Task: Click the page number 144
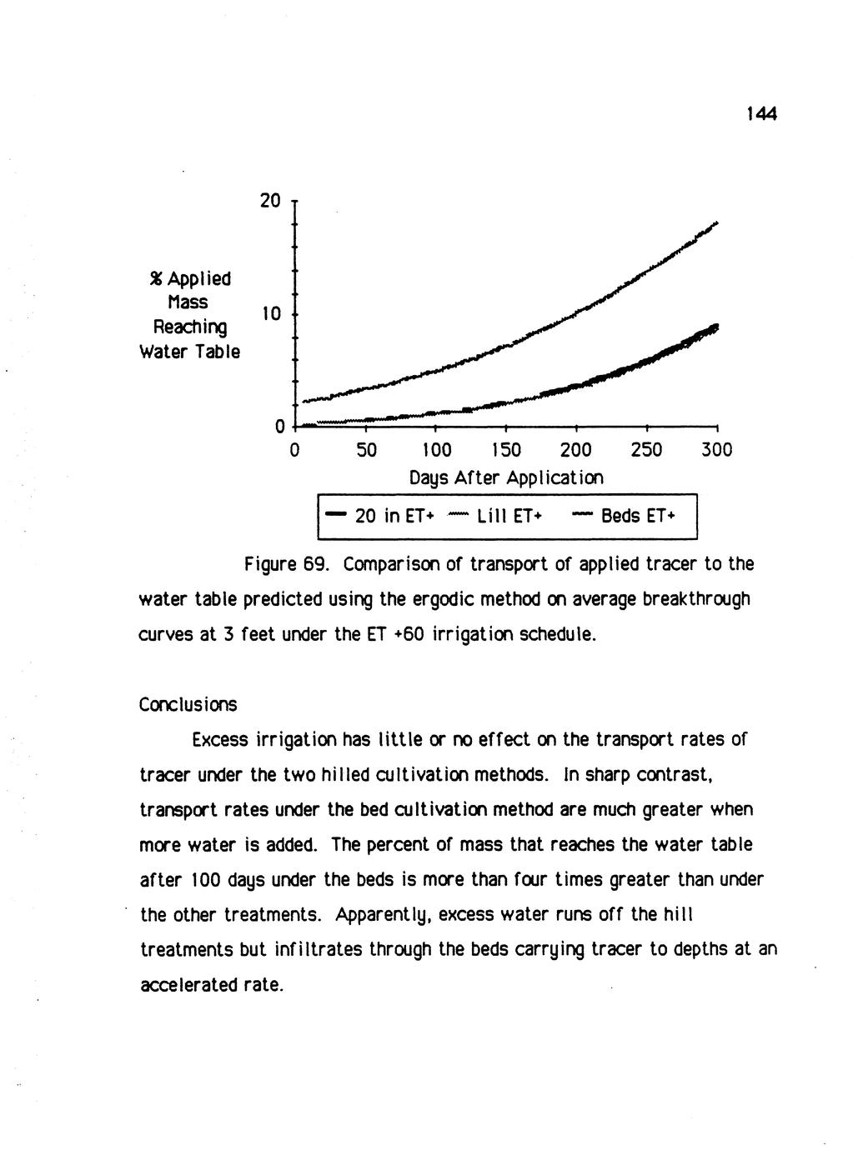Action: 761,115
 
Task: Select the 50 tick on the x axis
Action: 366,450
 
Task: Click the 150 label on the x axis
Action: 506,450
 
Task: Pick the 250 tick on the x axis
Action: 646,450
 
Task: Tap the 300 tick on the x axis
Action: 716,450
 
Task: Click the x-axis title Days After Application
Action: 506,478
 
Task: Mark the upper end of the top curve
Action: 715,223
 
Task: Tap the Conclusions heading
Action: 188,705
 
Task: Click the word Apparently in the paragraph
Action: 385,916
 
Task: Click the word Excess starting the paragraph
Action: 219,740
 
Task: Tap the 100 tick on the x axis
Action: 436,450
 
